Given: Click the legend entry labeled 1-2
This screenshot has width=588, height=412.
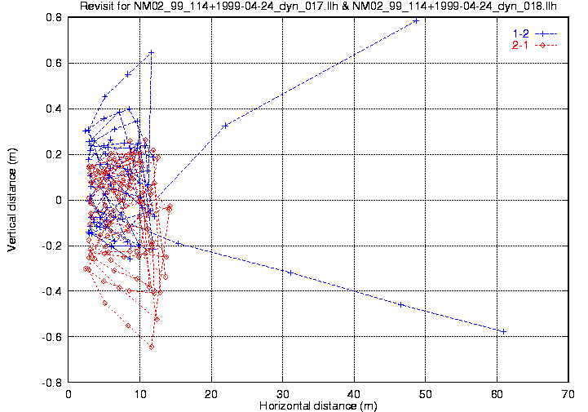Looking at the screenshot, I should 519,33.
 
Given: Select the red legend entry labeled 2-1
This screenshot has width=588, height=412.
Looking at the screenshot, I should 519,45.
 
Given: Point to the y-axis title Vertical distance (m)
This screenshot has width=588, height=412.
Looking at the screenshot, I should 12,199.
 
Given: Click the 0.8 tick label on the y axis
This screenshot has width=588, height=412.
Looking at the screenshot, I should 53,17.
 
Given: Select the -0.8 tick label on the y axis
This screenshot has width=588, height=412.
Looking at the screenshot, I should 51,382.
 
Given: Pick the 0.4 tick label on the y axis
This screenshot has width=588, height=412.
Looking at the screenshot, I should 53,109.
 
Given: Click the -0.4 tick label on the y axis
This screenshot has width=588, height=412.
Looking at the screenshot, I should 51,291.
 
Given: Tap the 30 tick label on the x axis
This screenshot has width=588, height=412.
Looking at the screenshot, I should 283,393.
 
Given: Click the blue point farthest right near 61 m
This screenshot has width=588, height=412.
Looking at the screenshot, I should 504,331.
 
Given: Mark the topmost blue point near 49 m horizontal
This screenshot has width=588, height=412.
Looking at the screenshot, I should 416,20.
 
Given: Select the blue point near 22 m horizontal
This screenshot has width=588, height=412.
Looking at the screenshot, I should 225,125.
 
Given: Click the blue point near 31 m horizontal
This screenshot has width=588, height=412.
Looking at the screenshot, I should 290,272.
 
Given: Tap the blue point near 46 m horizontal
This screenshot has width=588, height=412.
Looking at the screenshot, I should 400,304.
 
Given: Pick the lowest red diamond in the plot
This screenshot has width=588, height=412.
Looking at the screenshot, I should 152,347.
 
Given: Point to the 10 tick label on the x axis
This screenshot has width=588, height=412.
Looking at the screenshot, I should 140,393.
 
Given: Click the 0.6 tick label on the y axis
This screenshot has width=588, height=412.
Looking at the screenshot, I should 53,63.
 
